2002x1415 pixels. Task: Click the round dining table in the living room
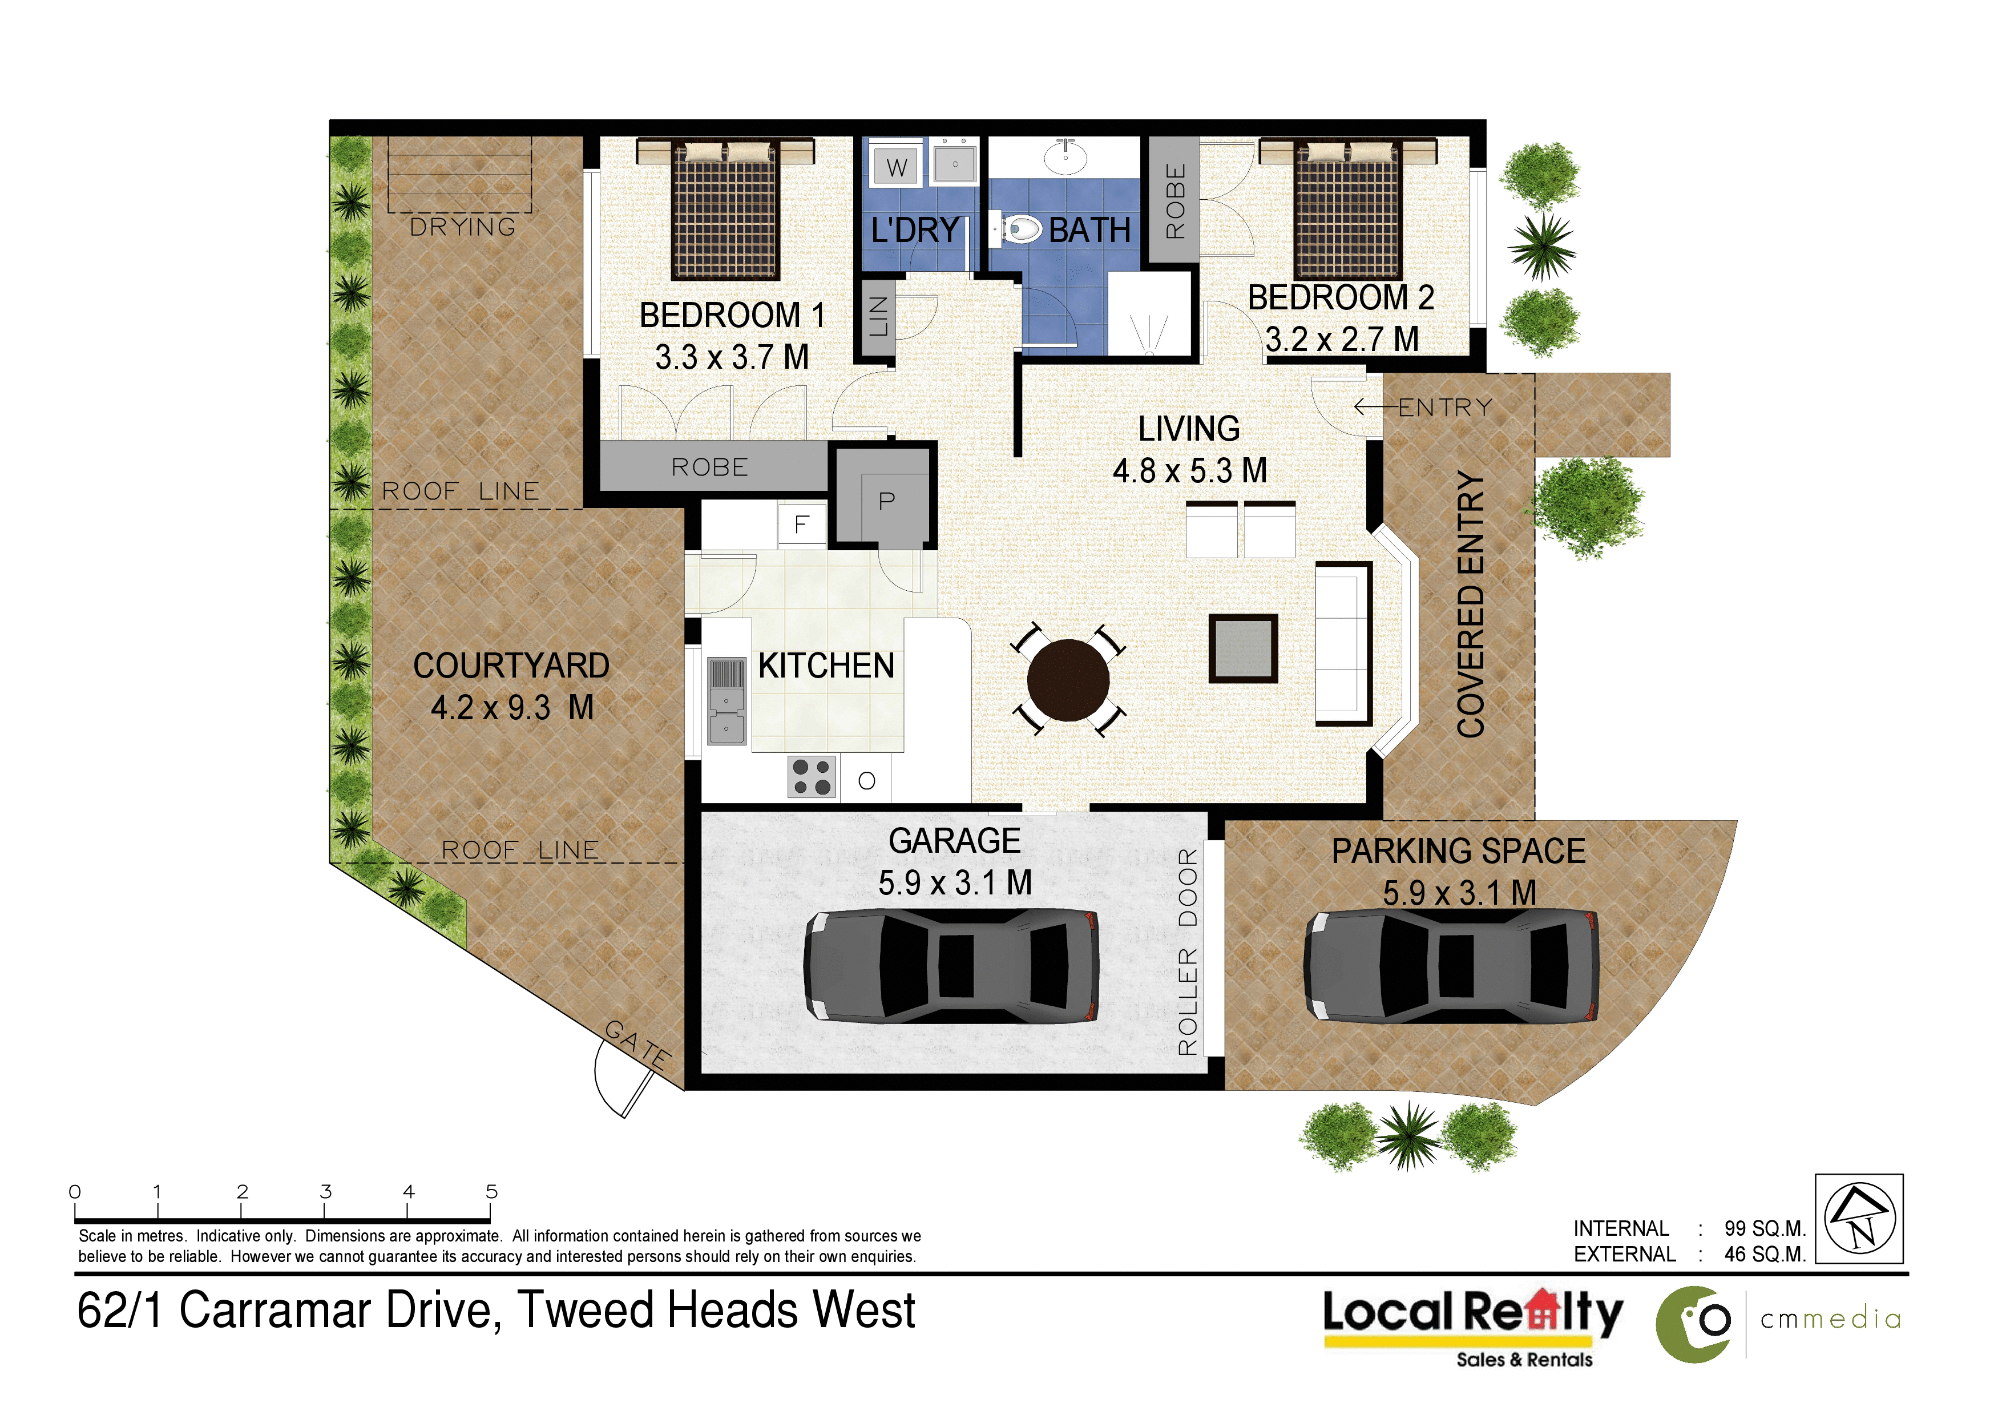coord(1068,680)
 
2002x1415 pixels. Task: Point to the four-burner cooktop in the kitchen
coord(812,777)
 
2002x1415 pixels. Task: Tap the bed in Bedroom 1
coord(725,210)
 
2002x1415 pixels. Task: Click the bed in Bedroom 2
coord(1348,210)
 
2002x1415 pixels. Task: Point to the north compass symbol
coord(1860,1218)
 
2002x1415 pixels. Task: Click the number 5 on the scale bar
coord(492,1191)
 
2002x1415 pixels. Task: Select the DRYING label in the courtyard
coord(463,228)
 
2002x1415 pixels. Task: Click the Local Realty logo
coord(1474,1326)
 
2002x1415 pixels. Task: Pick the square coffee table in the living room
coord(1244,648)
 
